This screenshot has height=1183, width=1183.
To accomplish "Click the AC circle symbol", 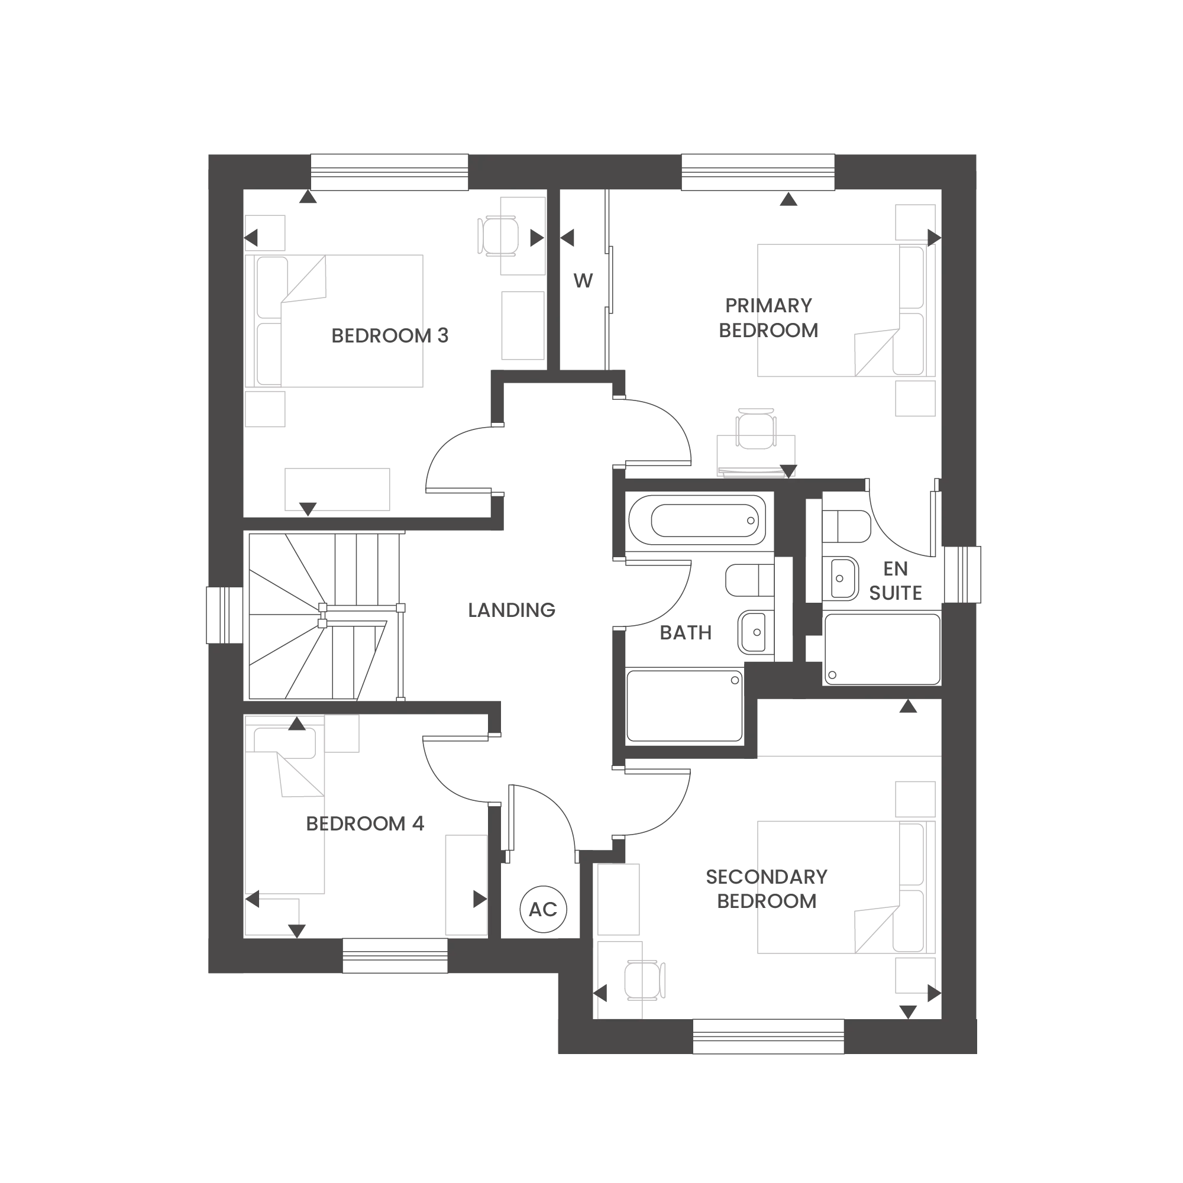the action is click(x=543, y=909).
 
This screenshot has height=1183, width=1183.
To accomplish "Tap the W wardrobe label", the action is click(x=583, y=281).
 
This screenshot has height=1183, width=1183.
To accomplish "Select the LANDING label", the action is click(x=511, y=610).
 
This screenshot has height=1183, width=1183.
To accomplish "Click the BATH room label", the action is click(x=685, y=632).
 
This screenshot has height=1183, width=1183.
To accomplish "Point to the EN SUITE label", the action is click(x=895, y=580).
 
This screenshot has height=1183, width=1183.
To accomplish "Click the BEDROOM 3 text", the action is click(x=389, y=335).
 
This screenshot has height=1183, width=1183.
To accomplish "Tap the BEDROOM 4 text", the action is click(x=365, y=823).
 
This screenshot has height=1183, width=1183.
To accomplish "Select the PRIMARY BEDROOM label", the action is click(x=768, y=318).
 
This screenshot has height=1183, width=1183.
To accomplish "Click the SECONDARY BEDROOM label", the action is click(x=767, y=888).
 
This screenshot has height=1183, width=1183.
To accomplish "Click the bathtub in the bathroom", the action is click(x=697, y=521).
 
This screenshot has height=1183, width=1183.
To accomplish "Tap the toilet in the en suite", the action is click(x=846, y=526).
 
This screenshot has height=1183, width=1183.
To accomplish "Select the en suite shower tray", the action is click(x=882, y=649).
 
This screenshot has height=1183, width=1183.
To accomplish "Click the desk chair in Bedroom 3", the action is click(x=499, y=236).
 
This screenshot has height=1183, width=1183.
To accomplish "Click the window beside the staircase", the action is click(x=225, y=615).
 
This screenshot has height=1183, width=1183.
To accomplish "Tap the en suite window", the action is click(x=962, y=574).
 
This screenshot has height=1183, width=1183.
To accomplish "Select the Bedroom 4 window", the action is click(x=395, y=955).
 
